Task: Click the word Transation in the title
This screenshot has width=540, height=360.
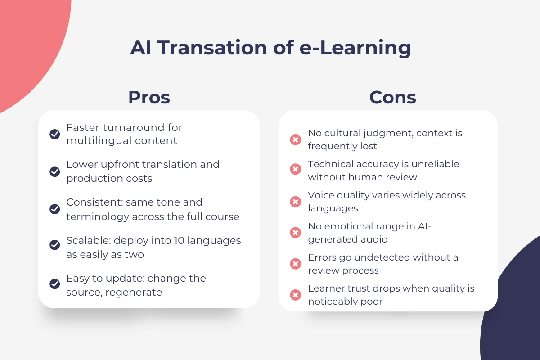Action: (212, 48)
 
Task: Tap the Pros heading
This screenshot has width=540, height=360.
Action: (149, 97)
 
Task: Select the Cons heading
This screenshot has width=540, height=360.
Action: (393, 97)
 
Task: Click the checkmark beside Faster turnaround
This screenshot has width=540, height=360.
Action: (55, 134)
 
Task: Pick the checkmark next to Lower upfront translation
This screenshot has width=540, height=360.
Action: (55, 171)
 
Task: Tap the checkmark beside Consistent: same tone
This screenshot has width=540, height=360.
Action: (55, 209)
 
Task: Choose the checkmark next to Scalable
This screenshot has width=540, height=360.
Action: (55, 245)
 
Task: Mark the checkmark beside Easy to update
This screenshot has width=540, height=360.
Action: (55, 283)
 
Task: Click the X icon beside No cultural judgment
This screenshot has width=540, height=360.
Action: (295, 139)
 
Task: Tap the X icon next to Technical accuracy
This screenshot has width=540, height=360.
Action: (295, 169)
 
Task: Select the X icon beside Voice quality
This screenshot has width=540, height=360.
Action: (295, 202)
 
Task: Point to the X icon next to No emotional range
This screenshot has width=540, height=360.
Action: (295, 233)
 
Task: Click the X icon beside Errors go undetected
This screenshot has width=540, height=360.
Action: (295, 264)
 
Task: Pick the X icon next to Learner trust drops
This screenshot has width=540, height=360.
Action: (295, 295)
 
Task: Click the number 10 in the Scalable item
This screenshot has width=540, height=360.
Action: (179, 240)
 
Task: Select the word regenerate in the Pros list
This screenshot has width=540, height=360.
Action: (134, 292)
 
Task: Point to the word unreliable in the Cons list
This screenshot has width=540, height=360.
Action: (436, 164)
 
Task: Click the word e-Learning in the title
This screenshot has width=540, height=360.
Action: (355, 48)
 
